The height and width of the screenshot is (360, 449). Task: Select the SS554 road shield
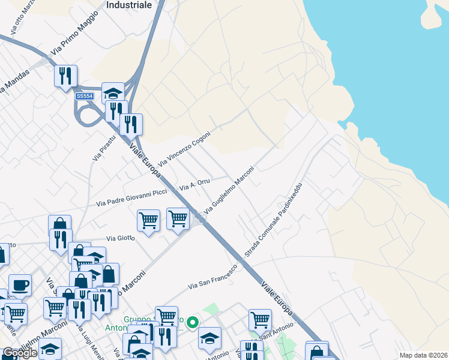pos(85,96)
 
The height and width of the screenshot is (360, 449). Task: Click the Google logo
pos(20,353)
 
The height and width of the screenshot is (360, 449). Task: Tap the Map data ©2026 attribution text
pos(423,355)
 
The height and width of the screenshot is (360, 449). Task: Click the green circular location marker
pos(192,323)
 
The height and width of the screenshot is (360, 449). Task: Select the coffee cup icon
pos(20,284)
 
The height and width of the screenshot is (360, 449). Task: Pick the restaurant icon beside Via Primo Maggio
pos(65,76)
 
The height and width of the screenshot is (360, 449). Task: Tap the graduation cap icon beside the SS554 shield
pos(113,92)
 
